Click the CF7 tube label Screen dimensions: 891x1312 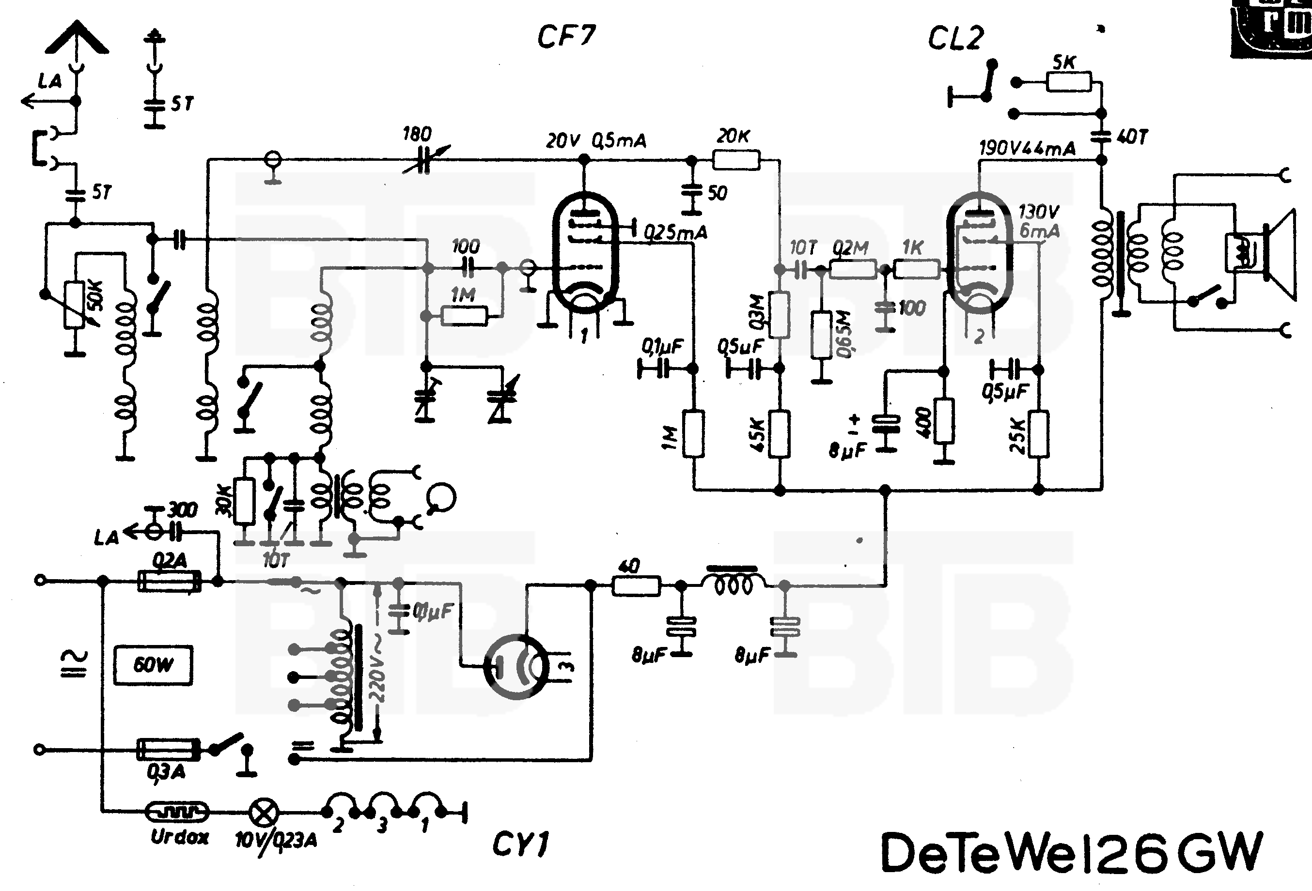point(566,37)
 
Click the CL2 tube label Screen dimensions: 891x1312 point(956,38)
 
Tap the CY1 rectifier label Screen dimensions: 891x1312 point(520,845)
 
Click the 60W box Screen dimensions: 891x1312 point(153,665)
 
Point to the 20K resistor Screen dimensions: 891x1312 point(736,160)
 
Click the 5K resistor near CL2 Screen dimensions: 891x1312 point(1069,82)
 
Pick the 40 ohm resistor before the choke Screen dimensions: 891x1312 point(636,586)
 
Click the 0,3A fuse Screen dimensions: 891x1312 point(169,750)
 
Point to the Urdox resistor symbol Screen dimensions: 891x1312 point(177,812)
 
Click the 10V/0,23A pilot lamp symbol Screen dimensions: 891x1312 point(264,813)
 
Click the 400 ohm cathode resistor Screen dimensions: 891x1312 point(944,421)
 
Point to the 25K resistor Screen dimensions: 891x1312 point(1039,434)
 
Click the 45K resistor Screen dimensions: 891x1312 point(780,434)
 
